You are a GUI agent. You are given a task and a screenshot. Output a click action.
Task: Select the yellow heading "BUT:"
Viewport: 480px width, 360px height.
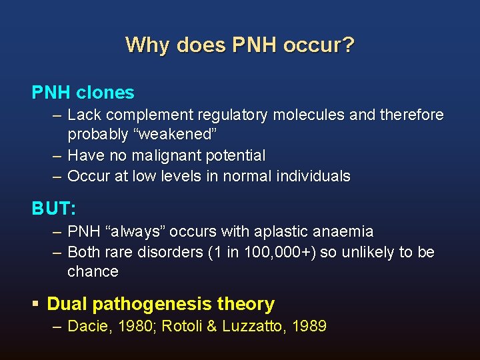pyautogui.click(x=54, y=208)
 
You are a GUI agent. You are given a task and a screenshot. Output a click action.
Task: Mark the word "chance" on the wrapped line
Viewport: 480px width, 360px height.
pyautogui.click(x=93, y=271)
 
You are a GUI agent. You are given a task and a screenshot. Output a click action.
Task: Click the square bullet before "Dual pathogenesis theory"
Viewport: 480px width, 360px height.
pyautogui.click(x=36, y=305)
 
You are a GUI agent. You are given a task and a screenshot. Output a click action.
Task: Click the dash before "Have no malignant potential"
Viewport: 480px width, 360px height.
pyautogui.click(x=57, y=155)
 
